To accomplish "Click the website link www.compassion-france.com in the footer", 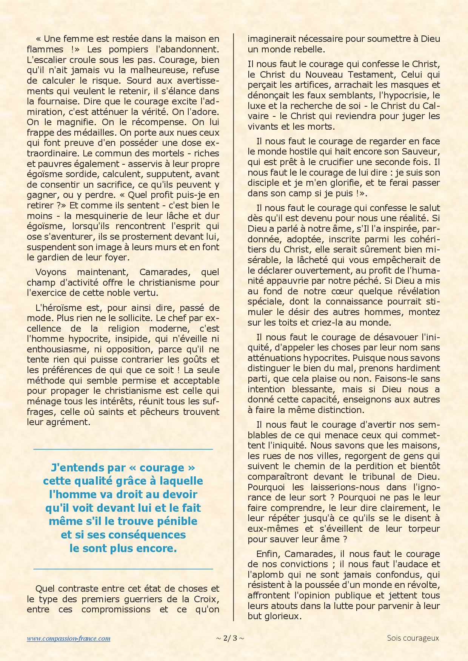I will click(x=69, y=638).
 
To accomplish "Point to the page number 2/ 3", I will click(x=230, y=638).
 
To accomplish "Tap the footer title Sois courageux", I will click(x=413, y=638).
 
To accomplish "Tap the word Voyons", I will click(x=51, y=272).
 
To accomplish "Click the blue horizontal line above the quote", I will click(x=123, y=449).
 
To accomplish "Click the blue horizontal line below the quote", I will click(x=123, y=569).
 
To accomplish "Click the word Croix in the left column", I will click(x=206, y=599).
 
